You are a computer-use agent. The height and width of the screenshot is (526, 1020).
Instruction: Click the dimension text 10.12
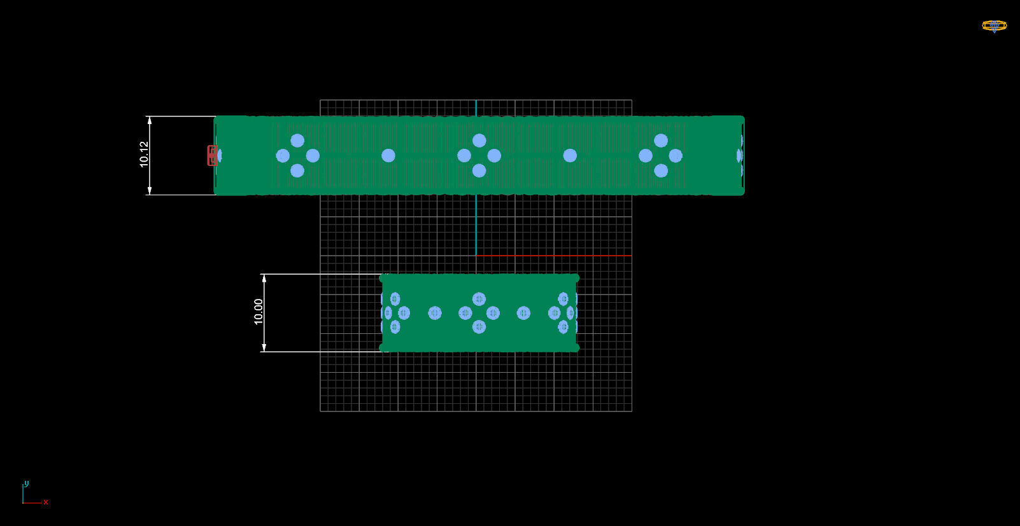point(145,155)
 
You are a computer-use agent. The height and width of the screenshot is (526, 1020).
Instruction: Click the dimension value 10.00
point(259,312)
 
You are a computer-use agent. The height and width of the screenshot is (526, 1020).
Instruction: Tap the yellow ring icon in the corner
point(994,26)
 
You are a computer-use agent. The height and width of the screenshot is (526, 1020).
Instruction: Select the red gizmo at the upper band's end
point(212,156)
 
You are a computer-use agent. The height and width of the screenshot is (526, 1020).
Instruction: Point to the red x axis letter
point(46,502)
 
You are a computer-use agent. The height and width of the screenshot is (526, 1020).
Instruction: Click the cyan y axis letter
point(26,483)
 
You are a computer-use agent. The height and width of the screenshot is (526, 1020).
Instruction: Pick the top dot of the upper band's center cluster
point(479,141)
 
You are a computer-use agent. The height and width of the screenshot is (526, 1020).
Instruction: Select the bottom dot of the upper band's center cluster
point(479,170)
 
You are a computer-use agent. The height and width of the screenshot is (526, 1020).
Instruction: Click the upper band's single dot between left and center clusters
point(388,156)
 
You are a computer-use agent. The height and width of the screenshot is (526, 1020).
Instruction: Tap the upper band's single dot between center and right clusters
point(570,156)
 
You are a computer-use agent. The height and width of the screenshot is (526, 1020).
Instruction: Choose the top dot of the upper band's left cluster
point(297,141)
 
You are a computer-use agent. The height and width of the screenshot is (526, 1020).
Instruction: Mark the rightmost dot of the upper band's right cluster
point(676,156)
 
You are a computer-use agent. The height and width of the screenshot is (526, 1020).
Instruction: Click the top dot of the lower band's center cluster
point(479,299)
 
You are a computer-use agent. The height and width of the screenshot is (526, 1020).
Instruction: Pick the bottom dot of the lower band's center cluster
point(479,327)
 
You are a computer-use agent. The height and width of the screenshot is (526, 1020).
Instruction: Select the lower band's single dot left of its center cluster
point(435,313)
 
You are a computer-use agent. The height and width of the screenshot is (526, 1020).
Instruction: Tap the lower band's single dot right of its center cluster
point(523,313)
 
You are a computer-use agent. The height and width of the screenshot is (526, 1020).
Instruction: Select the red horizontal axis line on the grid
point(554,256)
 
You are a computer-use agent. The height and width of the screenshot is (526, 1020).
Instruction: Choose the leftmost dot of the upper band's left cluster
point(283,156)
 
